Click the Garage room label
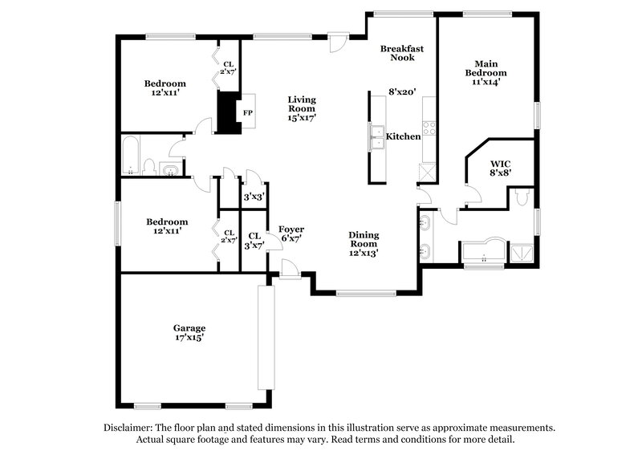[189, 327]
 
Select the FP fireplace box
[248, 113]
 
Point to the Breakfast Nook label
[401, 53]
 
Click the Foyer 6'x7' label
[291, 234]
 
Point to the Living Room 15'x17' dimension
[303, 118]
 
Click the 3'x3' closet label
[254, 195]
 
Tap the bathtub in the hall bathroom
[129, 154]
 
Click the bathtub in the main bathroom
[483, 252]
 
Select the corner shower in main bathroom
[520, 253]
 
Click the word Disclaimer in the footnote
[128, 428]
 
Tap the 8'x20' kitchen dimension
[401, 92]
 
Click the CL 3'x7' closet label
[254, 240]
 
